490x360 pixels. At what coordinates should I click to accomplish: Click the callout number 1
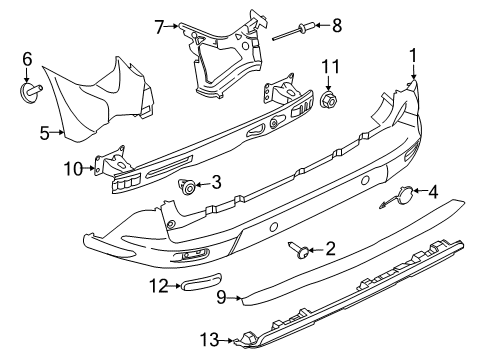pos(412,56)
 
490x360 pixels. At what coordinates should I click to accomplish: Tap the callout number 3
pos(214,184)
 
